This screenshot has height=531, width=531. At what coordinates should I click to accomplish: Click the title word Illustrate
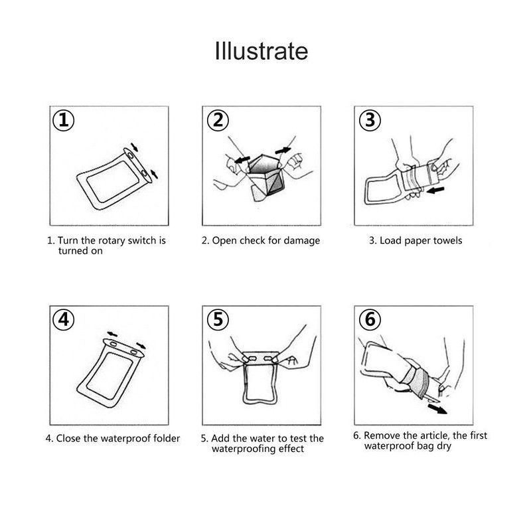262,52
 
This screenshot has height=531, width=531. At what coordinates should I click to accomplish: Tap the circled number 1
64,121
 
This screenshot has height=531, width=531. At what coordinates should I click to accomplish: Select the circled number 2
218,121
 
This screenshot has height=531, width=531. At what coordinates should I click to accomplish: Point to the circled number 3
370,121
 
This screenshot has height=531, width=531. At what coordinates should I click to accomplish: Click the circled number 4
64,320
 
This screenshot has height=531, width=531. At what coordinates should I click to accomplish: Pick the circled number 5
218,320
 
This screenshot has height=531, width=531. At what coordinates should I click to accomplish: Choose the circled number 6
370,320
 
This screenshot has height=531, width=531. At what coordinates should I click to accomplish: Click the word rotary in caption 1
112,241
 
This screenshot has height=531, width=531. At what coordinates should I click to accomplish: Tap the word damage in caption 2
302,241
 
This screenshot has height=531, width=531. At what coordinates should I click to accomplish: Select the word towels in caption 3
447,241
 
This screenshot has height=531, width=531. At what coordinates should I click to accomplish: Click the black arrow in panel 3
435,190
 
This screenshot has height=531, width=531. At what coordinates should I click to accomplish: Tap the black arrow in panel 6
437,408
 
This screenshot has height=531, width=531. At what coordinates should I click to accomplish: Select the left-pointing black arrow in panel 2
242,159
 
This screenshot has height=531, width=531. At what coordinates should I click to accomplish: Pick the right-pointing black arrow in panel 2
283,151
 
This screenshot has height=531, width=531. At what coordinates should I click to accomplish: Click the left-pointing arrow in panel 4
112,335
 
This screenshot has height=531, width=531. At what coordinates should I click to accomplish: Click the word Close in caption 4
68,439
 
